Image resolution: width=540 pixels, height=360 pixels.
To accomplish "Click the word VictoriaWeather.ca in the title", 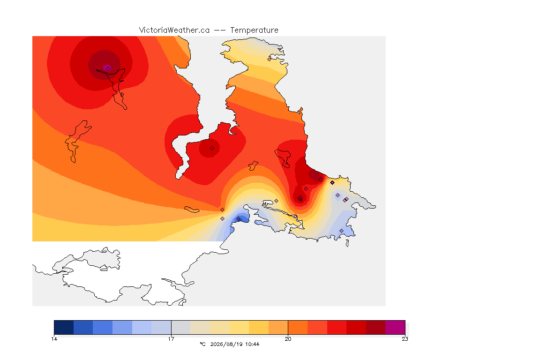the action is [x=174, y=30].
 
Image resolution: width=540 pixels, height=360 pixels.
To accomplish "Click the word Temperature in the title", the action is [x=254, y=30].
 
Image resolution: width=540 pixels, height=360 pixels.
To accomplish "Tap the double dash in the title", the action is [x=220, y=30].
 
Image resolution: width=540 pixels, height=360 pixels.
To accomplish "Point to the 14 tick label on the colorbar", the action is [x=54, y=339].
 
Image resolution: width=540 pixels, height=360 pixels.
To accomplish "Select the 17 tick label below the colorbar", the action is [x=171, y=339].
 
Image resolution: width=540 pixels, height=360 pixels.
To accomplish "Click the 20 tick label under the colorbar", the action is [x=288, y=339].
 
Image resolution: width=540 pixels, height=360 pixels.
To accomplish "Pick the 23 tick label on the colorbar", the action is [x=405, y=339].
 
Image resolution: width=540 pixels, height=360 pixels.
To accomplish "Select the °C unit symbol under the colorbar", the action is [x=202, y=344].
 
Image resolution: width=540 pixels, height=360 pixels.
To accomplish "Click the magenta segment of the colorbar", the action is [x=395, y=327].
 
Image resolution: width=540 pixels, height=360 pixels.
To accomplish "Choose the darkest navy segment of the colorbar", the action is [x=64, y=327].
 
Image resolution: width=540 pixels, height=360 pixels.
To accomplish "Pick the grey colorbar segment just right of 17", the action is [x=181, y=327].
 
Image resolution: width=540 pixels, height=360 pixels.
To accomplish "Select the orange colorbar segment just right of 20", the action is [x=298, y=327].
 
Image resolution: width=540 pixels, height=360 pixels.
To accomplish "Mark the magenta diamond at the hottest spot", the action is [x=108, y=68].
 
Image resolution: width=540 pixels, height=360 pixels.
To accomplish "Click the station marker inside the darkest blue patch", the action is [x=238, y=219].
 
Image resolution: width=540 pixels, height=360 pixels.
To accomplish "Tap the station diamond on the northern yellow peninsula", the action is [x=270, y=59].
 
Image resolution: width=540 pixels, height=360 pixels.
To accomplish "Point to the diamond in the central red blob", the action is [x=212, y=149].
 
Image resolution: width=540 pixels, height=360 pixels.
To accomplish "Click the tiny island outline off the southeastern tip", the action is [x=347, y=243].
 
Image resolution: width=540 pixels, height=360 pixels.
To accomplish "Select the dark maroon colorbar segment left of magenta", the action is [x=376, y=327].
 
